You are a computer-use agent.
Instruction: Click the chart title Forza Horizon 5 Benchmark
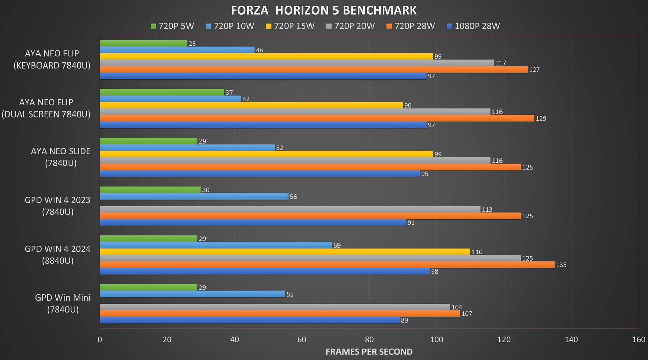click(324, 10)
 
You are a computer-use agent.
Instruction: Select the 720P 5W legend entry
click(172, 26)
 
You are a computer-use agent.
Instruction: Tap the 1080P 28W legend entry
click(473, 26)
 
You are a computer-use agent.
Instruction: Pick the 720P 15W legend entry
click(290, 26)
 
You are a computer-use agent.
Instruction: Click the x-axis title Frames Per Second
click(369, 352)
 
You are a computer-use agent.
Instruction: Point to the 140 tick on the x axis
click(571, 339)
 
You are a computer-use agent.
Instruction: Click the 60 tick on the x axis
click(302, 339)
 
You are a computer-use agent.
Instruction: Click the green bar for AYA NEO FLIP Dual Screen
click(162, 92)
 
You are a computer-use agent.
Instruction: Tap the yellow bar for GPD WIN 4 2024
click(285, 252)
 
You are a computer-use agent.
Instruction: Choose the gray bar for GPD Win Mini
click(275, 307)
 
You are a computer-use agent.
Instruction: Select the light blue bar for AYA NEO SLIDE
click(187, 148)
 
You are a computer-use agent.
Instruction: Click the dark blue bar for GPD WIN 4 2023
click(253, 223)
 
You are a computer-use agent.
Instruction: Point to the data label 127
click(534, 70)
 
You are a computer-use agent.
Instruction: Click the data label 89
click(404, 320)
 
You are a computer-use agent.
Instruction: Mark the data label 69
click(337, 245)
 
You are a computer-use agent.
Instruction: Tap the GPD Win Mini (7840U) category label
click(63, 303)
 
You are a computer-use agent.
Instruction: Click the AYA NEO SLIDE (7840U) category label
click(61, 157)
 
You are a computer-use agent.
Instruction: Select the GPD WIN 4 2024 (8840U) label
click(58, 255)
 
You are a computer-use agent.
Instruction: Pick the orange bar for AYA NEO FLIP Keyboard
click(314, 70)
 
